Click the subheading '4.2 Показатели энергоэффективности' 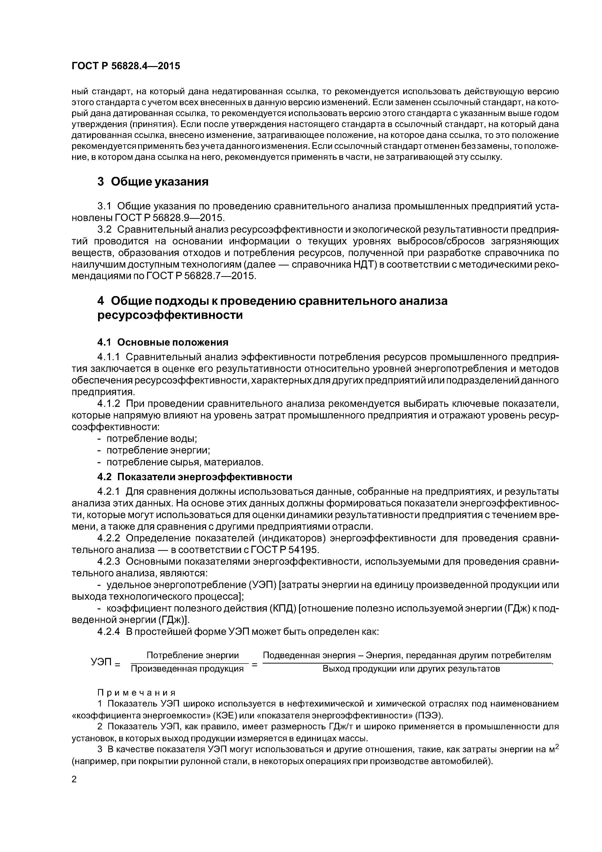tap(195, 477)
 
